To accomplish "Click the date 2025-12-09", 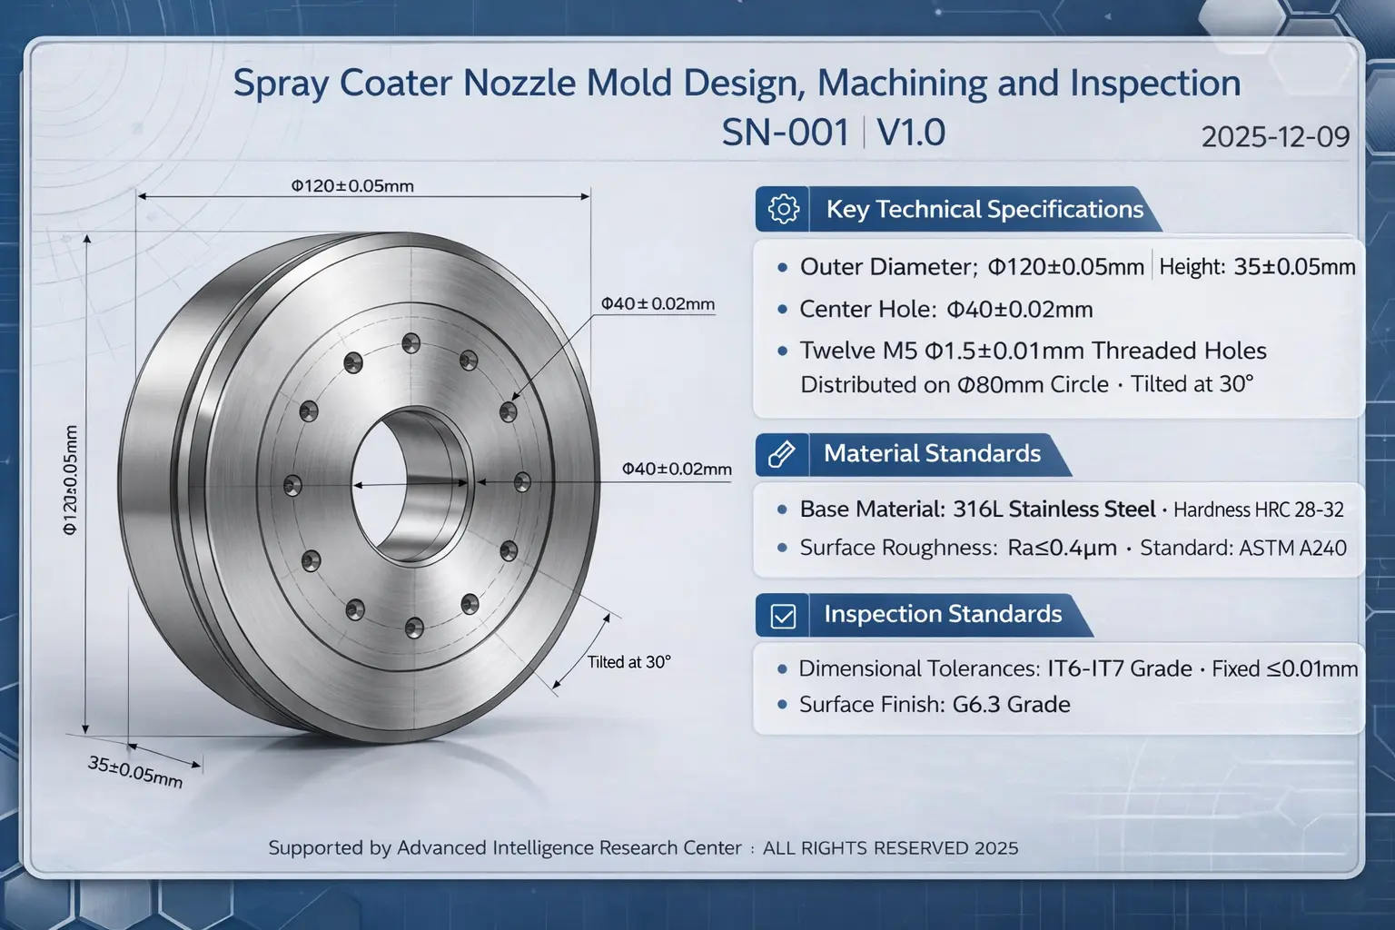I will coord(1274,137).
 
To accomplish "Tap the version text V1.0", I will coord(911,134).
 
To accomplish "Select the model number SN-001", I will coord(785,134).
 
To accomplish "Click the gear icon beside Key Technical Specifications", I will coord(783,209).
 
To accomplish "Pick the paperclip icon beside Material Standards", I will coord(782,453).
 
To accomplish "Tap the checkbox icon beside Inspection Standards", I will coord(783,616).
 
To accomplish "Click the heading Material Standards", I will coord(932,453).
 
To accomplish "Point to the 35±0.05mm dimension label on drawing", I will coord(135,771).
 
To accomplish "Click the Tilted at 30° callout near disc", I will coord(628,662).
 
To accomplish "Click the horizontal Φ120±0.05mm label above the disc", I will coord(352,186).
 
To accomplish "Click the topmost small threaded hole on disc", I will coord(411,342).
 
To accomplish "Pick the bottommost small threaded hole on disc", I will coord(414,626).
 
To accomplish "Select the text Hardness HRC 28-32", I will coord(1258,510).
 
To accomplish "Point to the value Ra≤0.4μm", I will coord(1062,548).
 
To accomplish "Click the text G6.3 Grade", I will coord(1011,705).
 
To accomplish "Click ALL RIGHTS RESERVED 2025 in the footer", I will coord(890,848).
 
